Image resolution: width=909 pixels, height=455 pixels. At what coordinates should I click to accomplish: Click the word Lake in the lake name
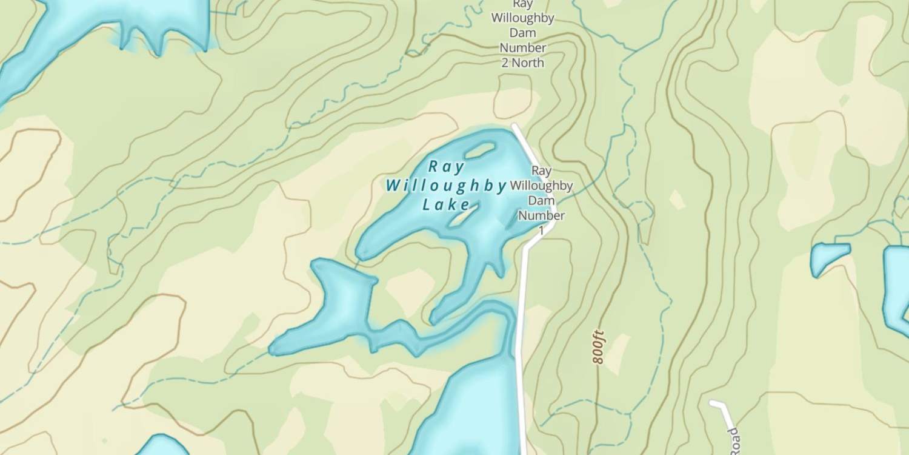click(x=446, y=205)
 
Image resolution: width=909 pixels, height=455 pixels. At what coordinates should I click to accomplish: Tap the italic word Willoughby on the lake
click(x=446, y=186)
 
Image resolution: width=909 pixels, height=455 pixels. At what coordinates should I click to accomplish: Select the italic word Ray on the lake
click(x=446, y=166)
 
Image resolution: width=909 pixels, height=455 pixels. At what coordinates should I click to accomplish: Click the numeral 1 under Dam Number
click(x=541, y=231)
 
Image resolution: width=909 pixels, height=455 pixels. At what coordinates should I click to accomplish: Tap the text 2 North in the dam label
click(x=522, y=62)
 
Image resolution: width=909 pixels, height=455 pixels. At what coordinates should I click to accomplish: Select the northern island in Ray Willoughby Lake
click(x=479, y=150)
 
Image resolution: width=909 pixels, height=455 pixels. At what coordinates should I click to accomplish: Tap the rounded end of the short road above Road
click(x=714, y=403)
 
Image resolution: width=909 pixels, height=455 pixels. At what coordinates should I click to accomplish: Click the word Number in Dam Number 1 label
click(x=541, y=215)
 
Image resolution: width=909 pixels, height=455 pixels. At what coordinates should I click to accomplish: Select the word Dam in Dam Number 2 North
click(x=522, y=33)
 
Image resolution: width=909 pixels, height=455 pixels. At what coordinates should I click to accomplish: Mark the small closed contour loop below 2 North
click(x=513, y=96)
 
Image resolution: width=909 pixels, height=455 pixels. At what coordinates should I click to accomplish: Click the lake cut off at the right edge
click(x=897, y=285)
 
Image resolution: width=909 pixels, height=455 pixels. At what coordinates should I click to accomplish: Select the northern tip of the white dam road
click(x=514, y=127)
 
